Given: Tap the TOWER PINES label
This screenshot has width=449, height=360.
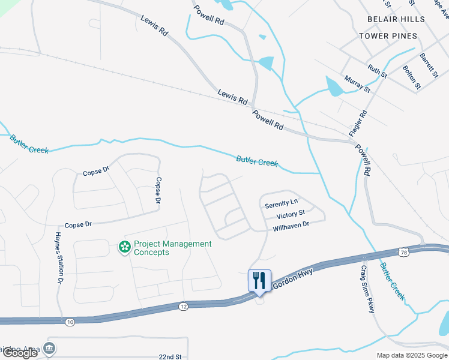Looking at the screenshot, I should pos(388,36).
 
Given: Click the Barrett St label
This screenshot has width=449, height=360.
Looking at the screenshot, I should pos(429,65).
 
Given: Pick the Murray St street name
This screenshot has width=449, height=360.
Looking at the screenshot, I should pos(357,83).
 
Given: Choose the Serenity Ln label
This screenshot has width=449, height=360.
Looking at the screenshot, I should pos(281,203).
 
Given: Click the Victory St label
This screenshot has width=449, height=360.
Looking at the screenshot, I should pos(291,214).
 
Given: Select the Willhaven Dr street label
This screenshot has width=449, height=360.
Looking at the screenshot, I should pos(291,226).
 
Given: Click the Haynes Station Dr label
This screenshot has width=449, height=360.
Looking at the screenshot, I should pos(59,257).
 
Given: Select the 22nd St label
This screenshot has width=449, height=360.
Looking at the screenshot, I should pos(171,356).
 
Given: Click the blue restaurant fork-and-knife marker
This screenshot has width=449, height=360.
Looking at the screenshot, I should pos(259,280).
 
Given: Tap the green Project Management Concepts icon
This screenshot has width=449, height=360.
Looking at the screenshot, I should pos(125,247).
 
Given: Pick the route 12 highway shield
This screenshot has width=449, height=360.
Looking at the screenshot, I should pos(183,307).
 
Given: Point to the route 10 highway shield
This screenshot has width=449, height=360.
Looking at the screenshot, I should pos(70,323).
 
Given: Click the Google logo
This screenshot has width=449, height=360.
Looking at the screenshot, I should pos(20,353).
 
